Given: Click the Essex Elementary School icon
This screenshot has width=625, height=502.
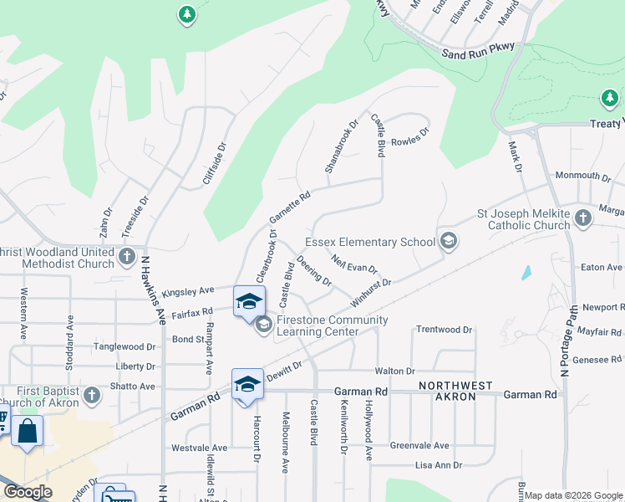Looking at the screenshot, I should [448, 242].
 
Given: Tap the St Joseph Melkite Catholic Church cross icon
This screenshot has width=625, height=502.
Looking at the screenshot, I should [582, 218].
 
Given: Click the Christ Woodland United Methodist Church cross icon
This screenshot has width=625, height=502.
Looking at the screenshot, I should [126, 257].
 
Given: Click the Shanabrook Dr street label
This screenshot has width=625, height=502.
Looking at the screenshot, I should [341, 145].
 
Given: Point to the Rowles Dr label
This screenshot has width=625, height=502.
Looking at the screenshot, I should [409, 136].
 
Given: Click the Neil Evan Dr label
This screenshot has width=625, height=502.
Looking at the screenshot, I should [354, 264].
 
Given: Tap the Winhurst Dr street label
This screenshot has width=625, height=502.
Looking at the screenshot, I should [371, 293].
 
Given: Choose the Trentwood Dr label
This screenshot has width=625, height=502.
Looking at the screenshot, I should [444, 330].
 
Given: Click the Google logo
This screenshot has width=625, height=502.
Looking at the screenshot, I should [28, 492].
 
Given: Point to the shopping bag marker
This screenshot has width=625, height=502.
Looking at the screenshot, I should [27, 433].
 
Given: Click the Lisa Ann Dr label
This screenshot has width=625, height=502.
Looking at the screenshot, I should [439, 464].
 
